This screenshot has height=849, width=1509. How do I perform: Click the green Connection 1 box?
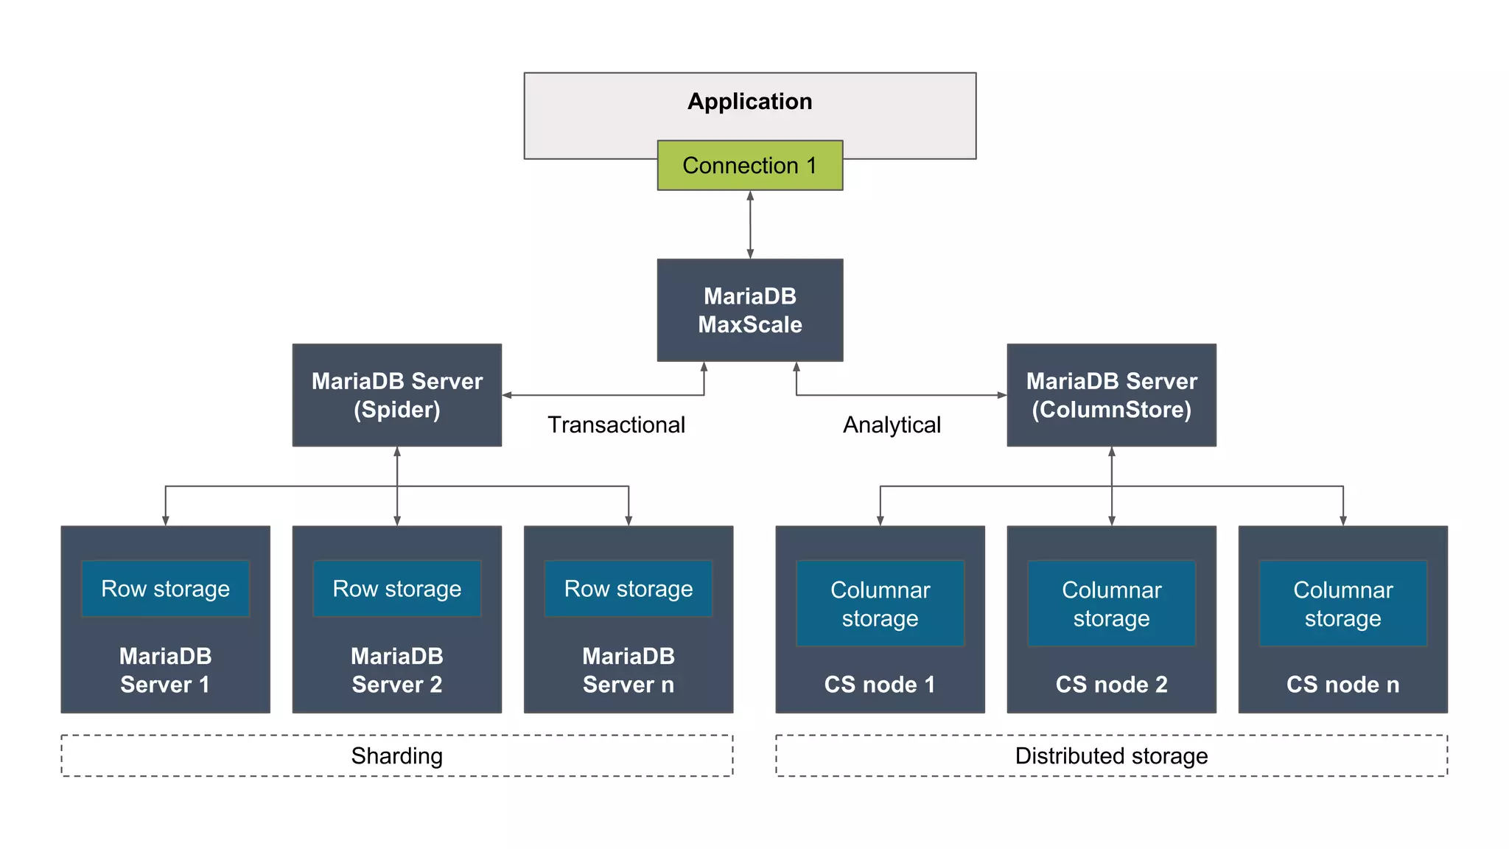(749, 165)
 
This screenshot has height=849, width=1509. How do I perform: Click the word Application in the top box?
(749, 101)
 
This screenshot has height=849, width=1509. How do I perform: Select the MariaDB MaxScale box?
(749, 310)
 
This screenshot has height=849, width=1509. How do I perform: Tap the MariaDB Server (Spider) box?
(396, 395)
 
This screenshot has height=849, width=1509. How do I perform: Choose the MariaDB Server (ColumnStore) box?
(1111, 395)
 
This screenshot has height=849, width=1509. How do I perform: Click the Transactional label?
(616, 424)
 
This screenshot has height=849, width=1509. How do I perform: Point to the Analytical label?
(892, 424)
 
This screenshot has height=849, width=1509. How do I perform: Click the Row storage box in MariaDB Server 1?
(165, 588)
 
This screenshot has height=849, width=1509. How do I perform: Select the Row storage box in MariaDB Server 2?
(396, 588)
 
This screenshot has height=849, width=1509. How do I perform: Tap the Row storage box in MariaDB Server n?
(628, 588)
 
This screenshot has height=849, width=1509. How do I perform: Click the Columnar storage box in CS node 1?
(880, 604)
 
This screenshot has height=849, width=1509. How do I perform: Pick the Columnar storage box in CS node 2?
(1111, 604)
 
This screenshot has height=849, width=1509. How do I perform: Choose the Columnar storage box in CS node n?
(1342, 604)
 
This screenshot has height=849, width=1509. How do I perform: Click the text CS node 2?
(1111, 684)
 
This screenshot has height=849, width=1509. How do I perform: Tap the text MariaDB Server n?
(628, 670)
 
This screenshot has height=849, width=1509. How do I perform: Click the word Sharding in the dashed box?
(396, 755)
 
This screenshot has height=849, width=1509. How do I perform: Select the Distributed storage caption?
(1111, 755)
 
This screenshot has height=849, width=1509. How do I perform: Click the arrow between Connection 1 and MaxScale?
(750, 225)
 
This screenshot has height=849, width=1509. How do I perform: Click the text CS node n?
(1342, 684)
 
